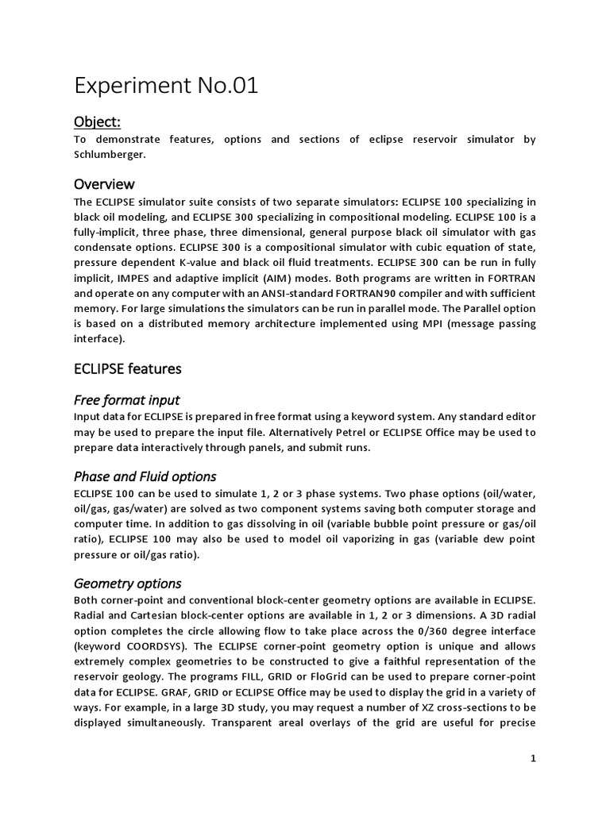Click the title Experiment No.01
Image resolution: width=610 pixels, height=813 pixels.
tap(166, 87)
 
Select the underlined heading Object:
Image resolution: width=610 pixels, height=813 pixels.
tap(98, 121)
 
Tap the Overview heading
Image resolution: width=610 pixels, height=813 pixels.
tap(104, 184)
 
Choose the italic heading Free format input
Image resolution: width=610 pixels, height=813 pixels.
tap(126, 399)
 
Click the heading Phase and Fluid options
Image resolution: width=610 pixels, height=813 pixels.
tap(145, 476)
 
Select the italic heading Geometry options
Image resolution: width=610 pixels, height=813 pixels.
tap(127, 584)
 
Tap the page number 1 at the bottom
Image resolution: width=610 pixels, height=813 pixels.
tap(534, 759)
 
